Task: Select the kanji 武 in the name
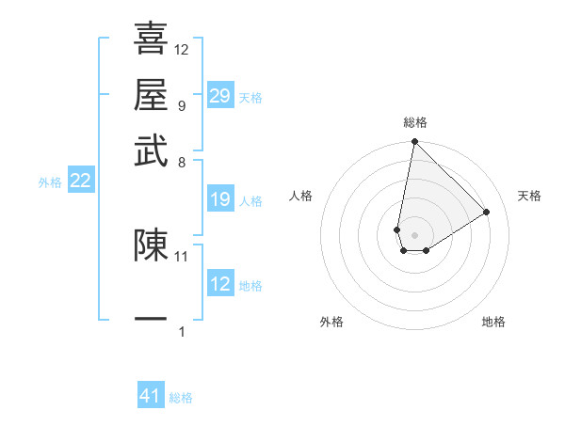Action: [151, 150]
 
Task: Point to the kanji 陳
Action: [151, 245]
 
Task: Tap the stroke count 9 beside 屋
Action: [181, 105]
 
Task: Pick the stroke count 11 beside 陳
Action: [182, 255]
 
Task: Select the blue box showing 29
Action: [219, 96]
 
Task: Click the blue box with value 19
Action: [219, 199]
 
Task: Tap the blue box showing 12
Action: [219, 284]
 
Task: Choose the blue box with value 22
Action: [80, 182]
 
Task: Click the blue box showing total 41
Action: [151, 396]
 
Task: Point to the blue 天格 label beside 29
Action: [250, 97]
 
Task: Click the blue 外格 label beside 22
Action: [50, 182]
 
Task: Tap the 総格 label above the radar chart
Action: [414, 123]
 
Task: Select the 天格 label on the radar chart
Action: [529, 196]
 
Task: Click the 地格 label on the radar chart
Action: [493, 323]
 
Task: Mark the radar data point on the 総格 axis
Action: [414, 143]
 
